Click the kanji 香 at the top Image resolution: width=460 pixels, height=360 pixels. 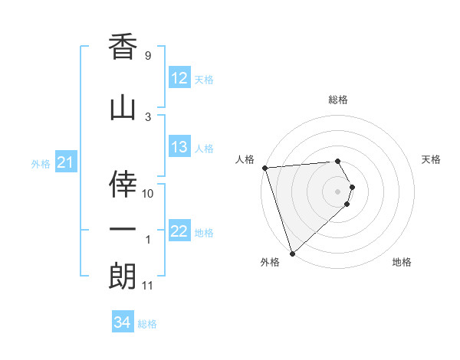coord(123,47)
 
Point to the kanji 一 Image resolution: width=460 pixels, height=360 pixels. coord(123,229)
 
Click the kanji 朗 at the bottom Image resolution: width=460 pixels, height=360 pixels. coord(123,277)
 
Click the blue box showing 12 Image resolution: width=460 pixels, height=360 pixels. coord(179,79)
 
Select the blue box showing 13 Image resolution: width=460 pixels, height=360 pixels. coord(179,148)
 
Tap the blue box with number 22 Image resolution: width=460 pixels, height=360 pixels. coord(179,232)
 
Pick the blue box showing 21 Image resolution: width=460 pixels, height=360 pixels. coord(65,163)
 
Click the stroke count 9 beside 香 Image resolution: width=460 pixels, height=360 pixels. coord(148,56)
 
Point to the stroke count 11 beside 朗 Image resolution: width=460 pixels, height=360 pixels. coord(149,286)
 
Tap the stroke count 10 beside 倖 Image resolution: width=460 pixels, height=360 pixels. coord(149,193)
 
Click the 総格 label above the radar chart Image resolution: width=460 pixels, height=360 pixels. coord(338,100)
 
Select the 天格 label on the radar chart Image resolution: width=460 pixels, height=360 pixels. coord(431,159)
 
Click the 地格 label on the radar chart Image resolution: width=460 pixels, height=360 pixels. coord(402,262)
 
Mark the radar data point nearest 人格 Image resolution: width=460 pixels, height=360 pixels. coord(264,168)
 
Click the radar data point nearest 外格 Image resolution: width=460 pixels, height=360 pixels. coord(291,252)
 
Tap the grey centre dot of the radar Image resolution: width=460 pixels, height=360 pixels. coord(338,191)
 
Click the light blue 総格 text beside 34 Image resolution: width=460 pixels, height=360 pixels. coord(147,324)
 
